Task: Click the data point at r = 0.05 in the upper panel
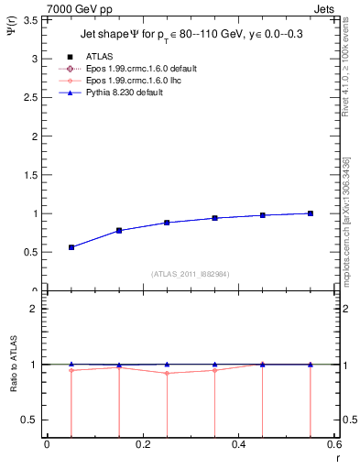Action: coord(71,247)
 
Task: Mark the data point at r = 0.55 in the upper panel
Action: coord(311,213)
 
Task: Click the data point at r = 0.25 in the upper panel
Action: coord(167,223)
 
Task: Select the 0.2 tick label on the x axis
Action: coord(142,444)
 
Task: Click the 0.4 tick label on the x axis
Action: coord(238,444)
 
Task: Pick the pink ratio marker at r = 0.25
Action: coord(167,373)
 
